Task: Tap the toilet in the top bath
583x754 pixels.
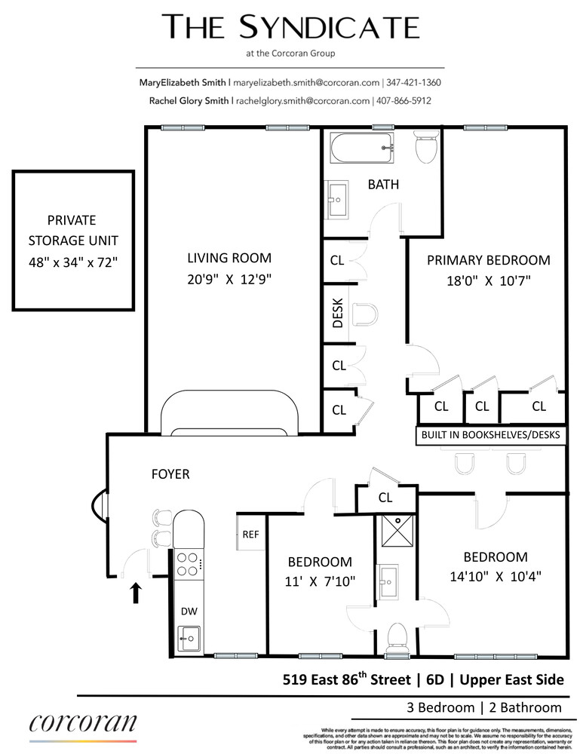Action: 427,146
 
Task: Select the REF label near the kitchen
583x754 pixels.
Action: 250,535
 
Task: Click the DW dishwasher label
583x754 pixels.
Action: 188,612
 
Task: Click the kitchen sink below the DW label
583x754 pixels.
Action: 189,639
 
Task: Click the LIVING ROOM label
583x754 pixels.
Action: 229,259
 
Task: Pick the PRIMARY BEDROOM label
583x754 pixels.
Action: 489,260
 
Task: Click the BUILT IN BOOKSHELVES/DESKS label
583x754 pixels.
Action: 491,435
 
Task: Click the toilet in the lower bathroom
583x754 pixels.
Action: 396,639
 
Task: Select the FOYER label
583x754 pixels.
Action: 170,474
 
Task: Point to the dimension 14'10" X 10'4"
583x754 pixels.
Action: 495,577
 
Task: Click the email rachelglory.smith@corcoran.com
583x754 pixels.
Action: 302,101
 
